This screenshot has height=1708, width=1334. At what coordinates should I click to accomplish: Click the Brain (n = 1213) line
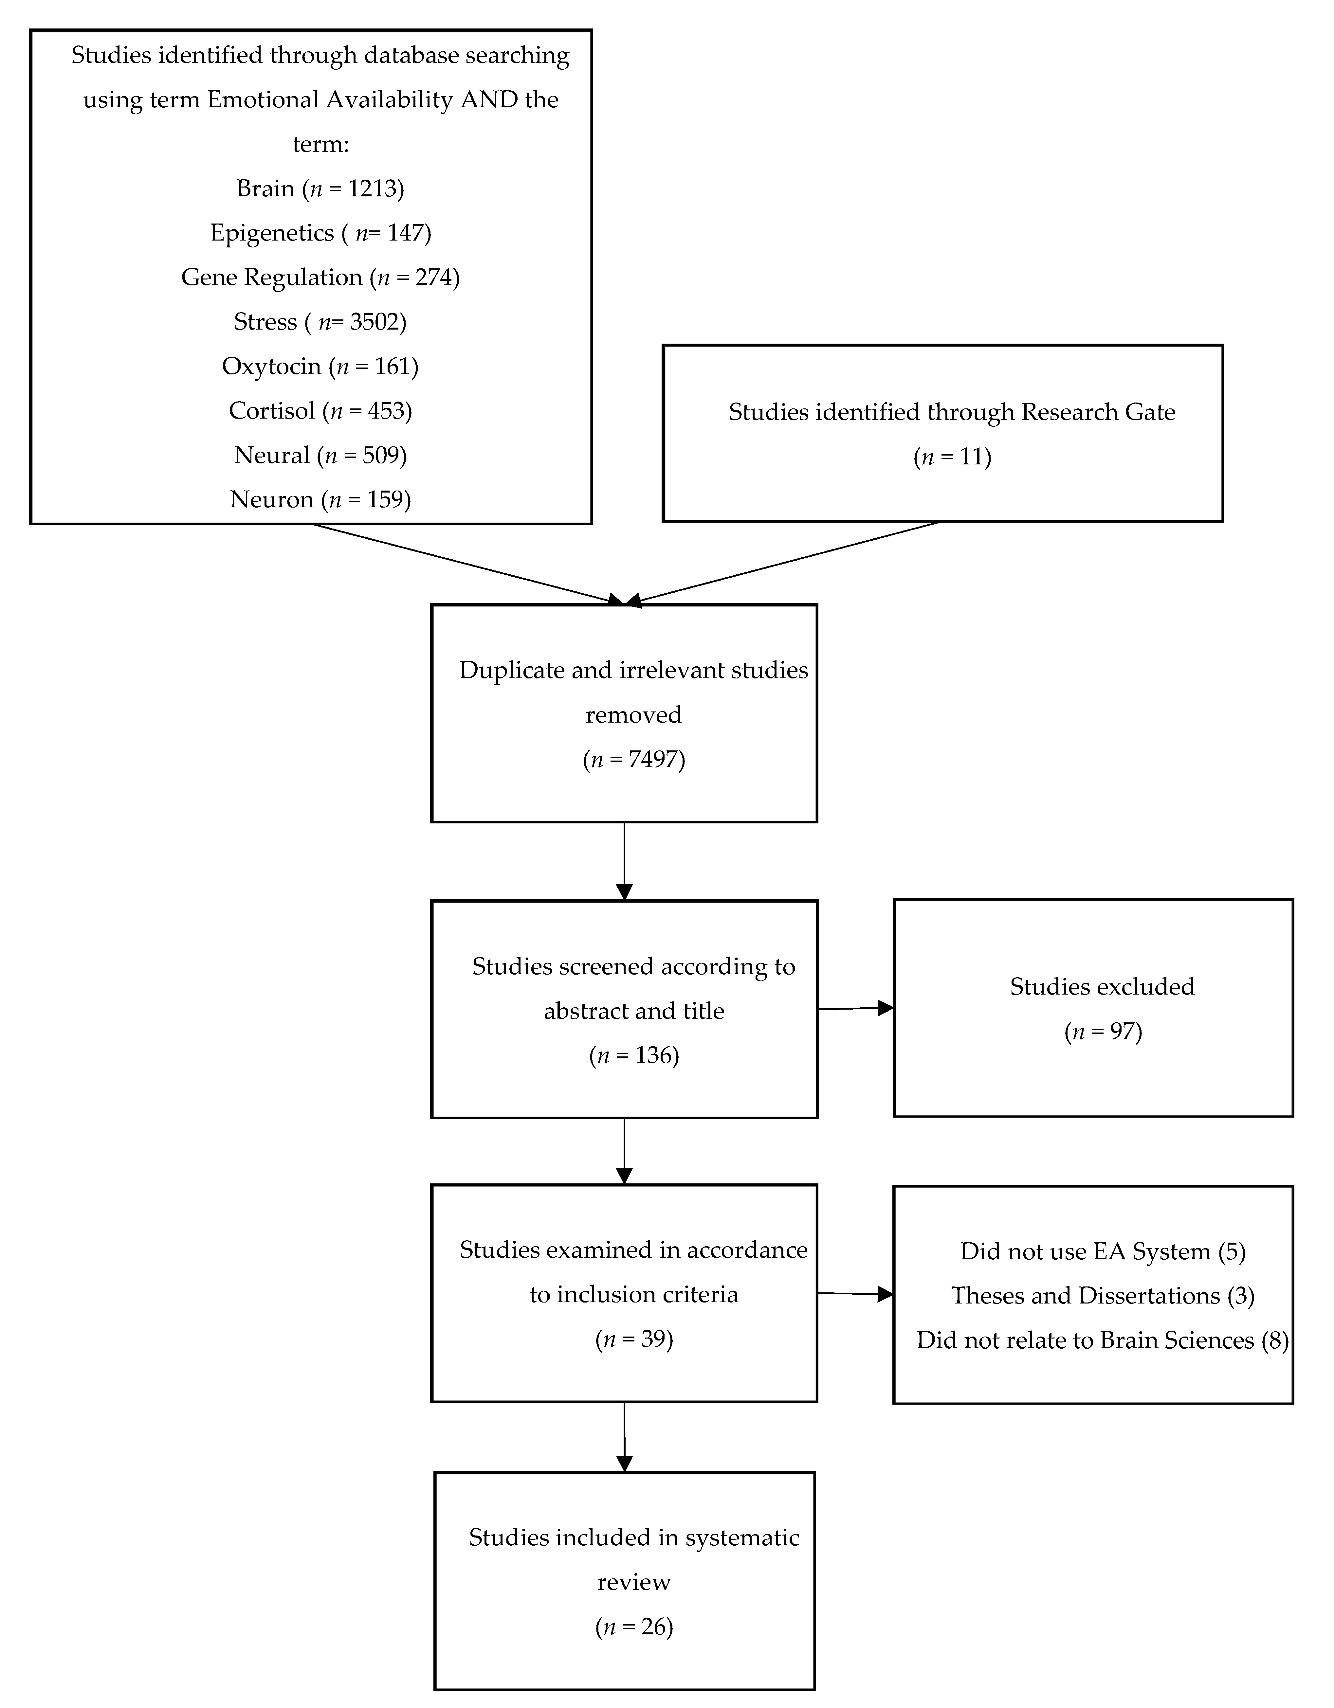click(320, 189)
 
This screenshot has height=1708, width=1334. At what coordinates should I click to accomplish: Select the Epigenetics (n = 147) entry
click(320, 233)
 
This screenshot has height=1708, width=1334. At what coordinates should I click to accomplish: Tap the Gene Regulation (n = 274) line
click(320, 278)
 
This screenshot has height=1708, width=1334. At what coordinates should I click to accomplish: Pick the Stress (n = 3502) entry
click(320, 322)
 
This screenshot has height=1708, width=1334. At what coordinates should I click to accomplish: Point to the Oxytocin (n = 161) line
click(320, 367)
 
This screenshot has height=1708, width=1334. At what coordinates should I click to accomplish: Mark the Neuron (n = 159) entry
click(320, 500)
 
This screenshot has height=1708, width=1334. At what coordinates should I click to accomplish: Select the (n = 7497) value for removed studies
click(634, 759)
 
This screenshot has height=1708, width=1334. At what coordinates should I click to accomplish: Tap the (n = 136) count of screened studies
click(634, 1056)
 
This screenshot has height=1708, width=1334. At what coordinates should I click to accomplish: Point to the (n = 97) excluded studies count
click(1103, 1032)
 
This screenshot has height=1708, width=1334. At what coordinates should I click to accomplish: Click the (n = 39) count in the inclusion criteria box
click(634, 1339)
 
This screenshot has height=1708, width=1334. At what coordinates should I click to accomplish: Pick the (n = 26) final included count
click(634, 1627)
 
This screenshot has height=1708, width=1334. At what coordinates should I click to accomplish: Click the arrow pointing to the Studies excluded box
click(855, 1009)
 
